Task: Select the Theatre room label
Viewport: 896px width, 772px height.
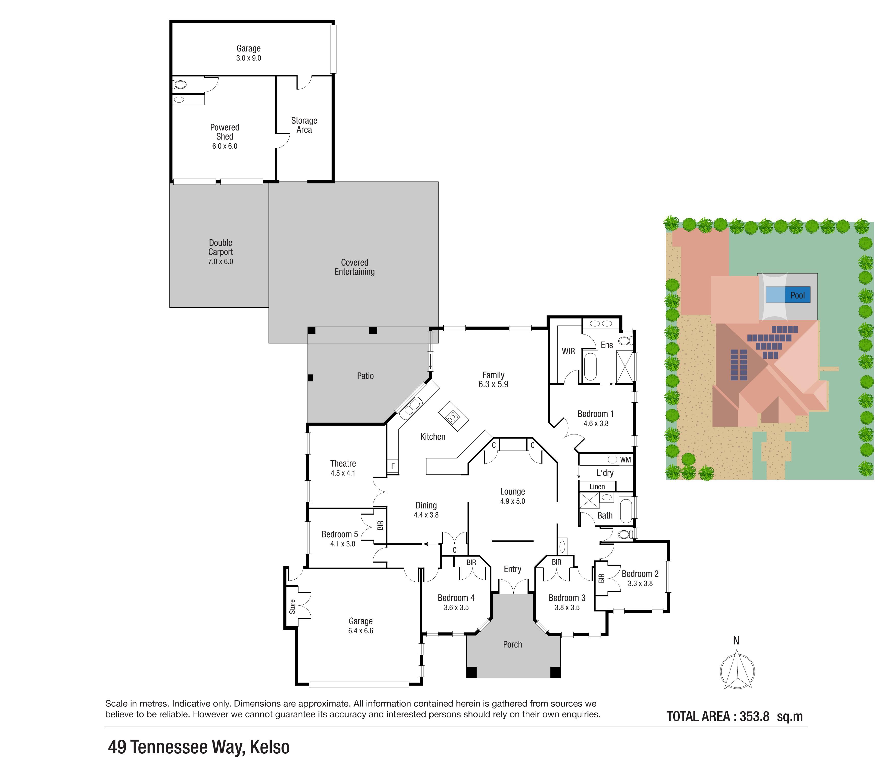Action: point(343,464)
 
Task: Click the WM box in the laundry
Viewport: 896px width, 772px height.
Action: point(625,460)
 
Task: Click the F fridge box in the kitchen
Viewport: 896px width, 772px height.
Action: point(393,466)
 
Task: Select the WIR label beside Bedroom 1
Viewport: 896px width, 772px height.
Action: point(568,351)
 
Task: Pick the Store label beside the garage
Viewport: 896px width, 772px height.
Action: point(292,606)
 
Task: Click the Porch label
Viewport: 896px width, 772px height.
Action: point(512,644)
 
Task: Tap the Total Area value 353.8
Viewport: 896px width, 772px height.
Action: point(754,716)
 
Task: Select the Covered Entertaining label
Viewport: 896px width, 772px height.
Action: point(355,267)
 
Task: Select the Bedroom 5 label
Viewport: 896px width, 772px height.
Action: point(340,534)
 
